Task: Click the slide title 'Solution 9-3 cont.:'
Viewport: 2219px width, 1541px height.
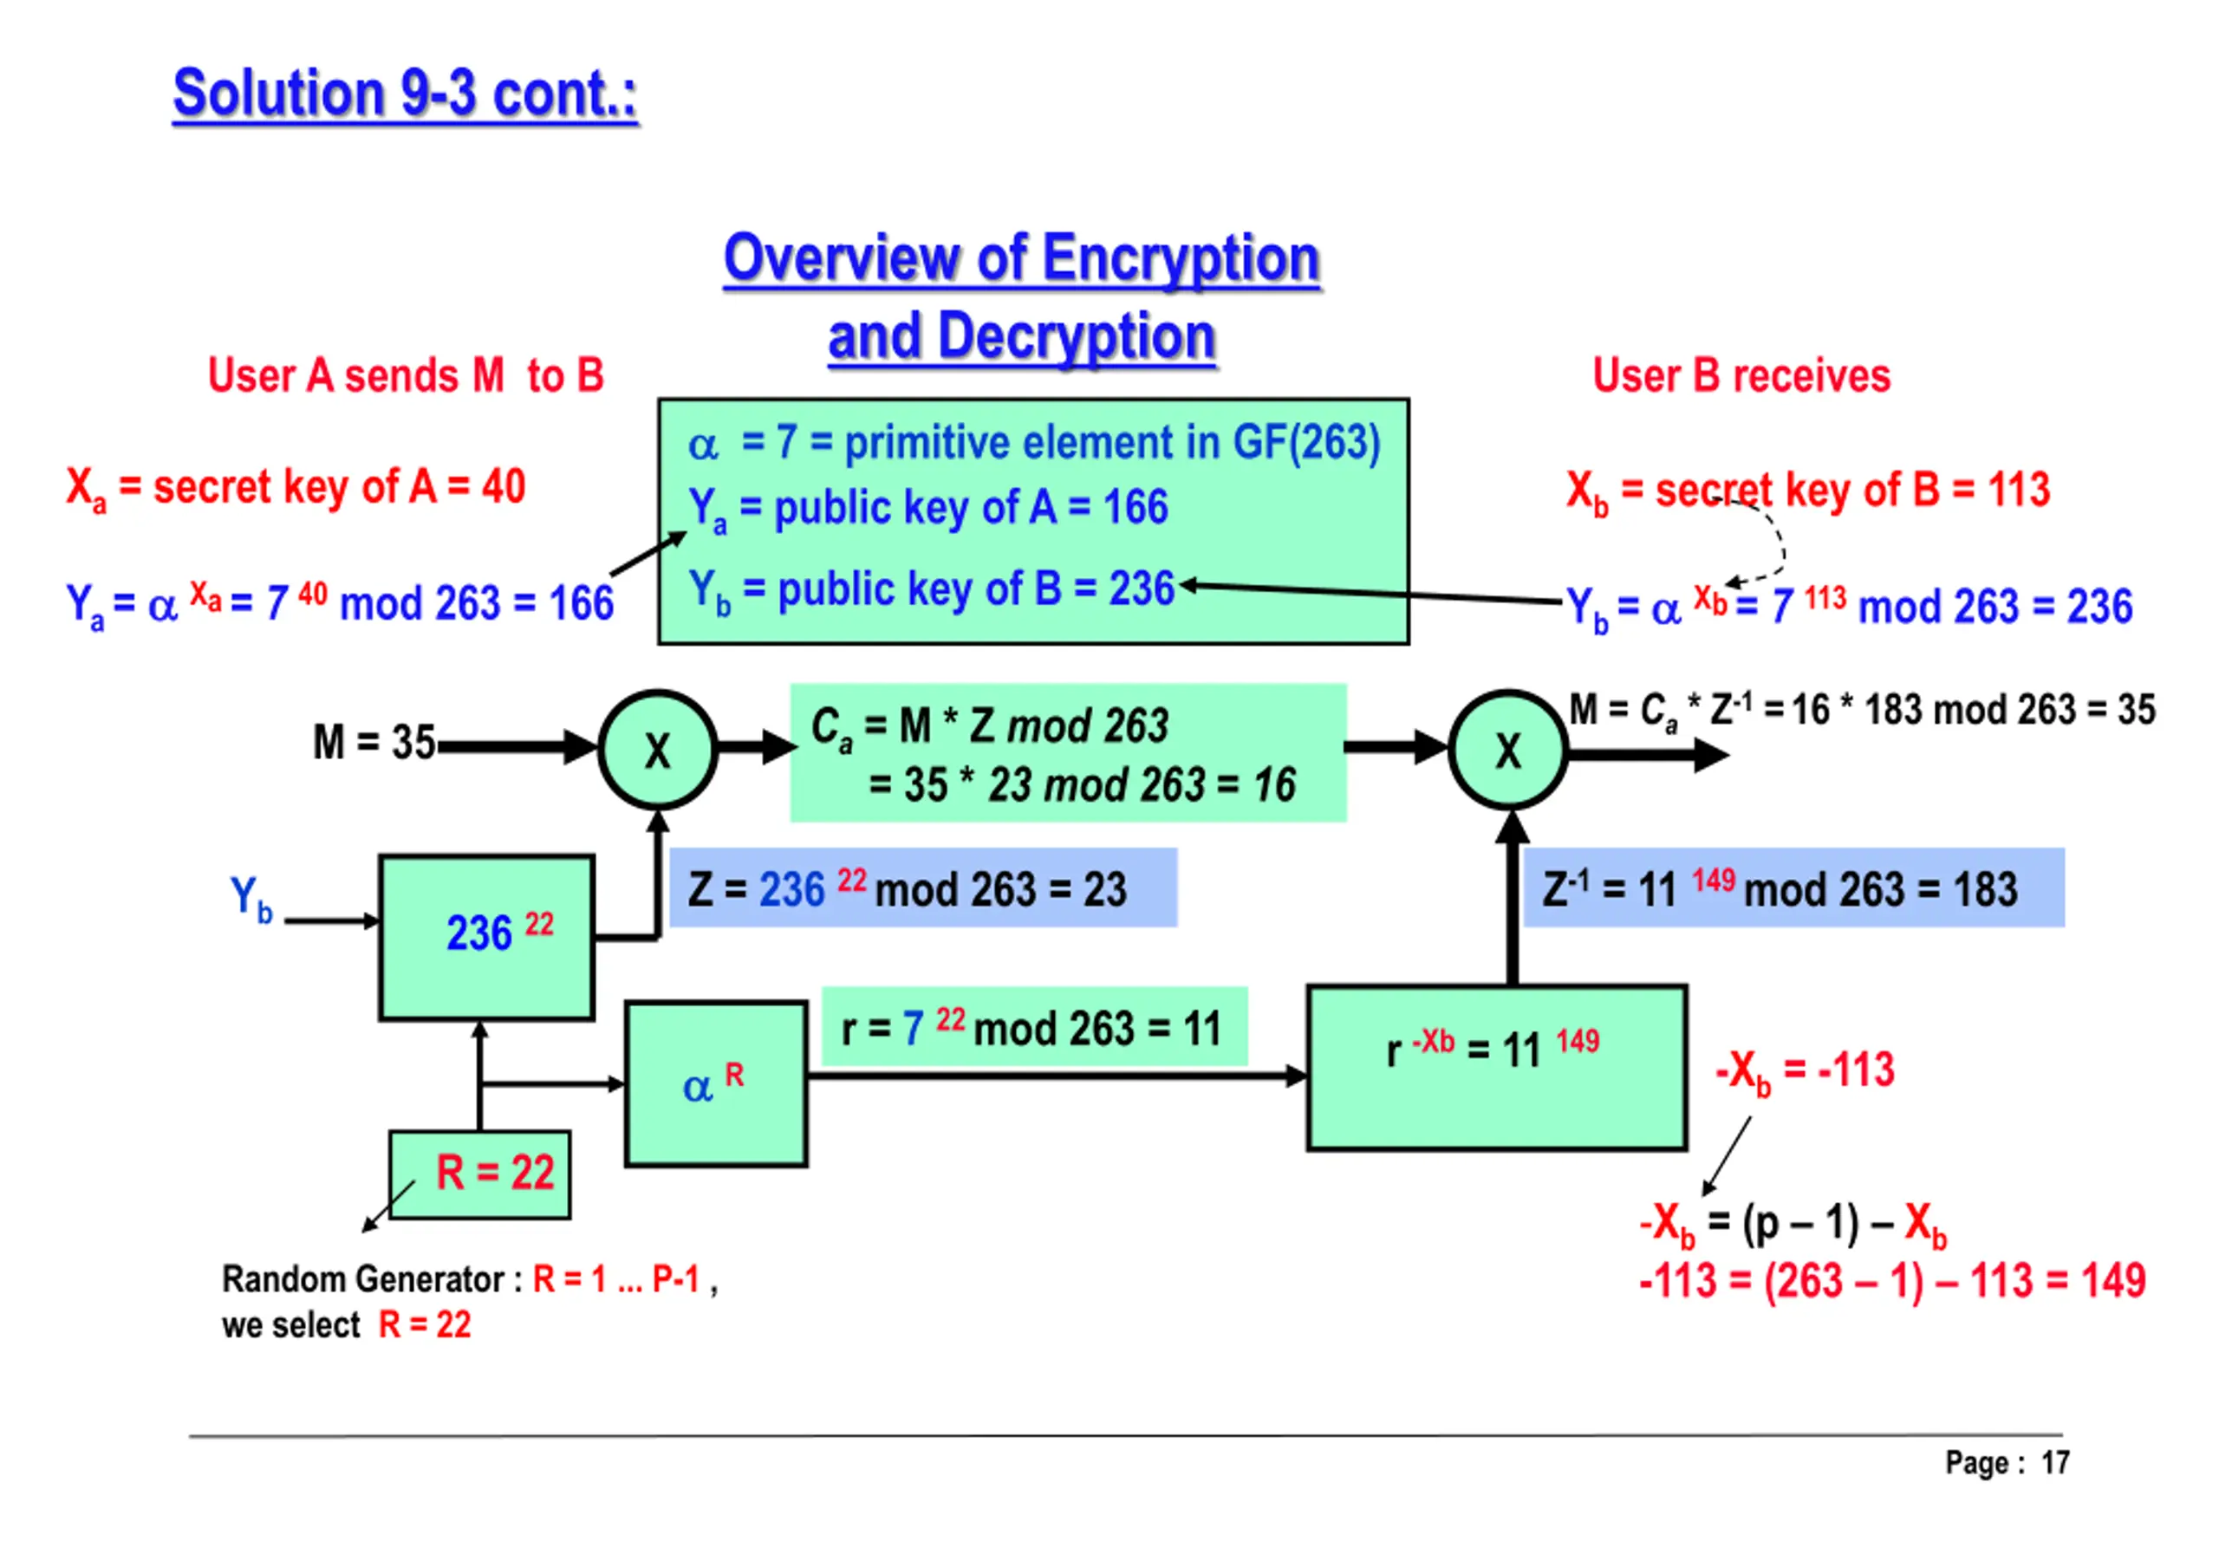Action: click(405, 94)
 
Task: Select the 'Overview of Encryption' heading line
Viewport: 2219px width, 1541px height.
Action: click(1021, 259)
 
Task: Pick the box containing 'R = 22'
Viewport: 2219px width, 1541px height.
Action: click(480, 1174)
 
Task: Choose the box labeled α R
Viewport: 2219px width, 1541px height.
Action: click(715, 1083)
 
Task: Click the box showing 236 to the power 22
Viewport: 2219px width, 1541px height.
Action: click(485, 937)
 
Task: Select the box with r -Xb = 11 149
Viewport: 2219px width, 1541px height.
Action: click(1496, 1067)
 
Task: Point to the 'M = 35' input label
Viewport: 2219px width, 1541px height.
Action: click(374, 743)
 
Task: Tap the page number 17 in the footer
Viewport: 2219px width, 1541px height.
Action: click(2055, 1463)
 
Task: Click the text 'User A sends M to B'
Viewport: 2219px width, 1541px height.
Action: click(406, 375)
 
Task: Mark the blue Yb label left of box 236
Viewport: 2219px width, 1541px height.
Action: click(251, 899)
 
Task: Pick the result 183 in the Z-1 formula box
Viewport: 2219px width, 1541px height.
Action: click(1984, 889)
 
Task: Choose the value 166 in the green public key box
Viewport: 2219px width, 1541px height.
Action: click(1136, 507)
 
